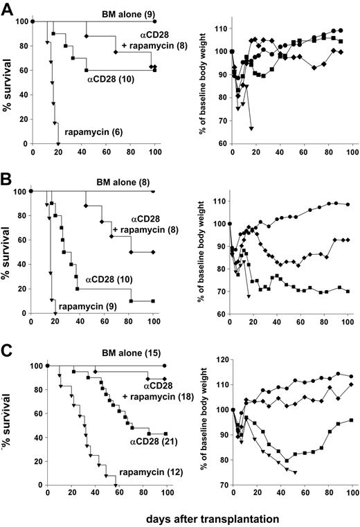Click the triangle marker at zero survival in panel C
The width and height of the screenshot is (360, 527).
tap(115, 485)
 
